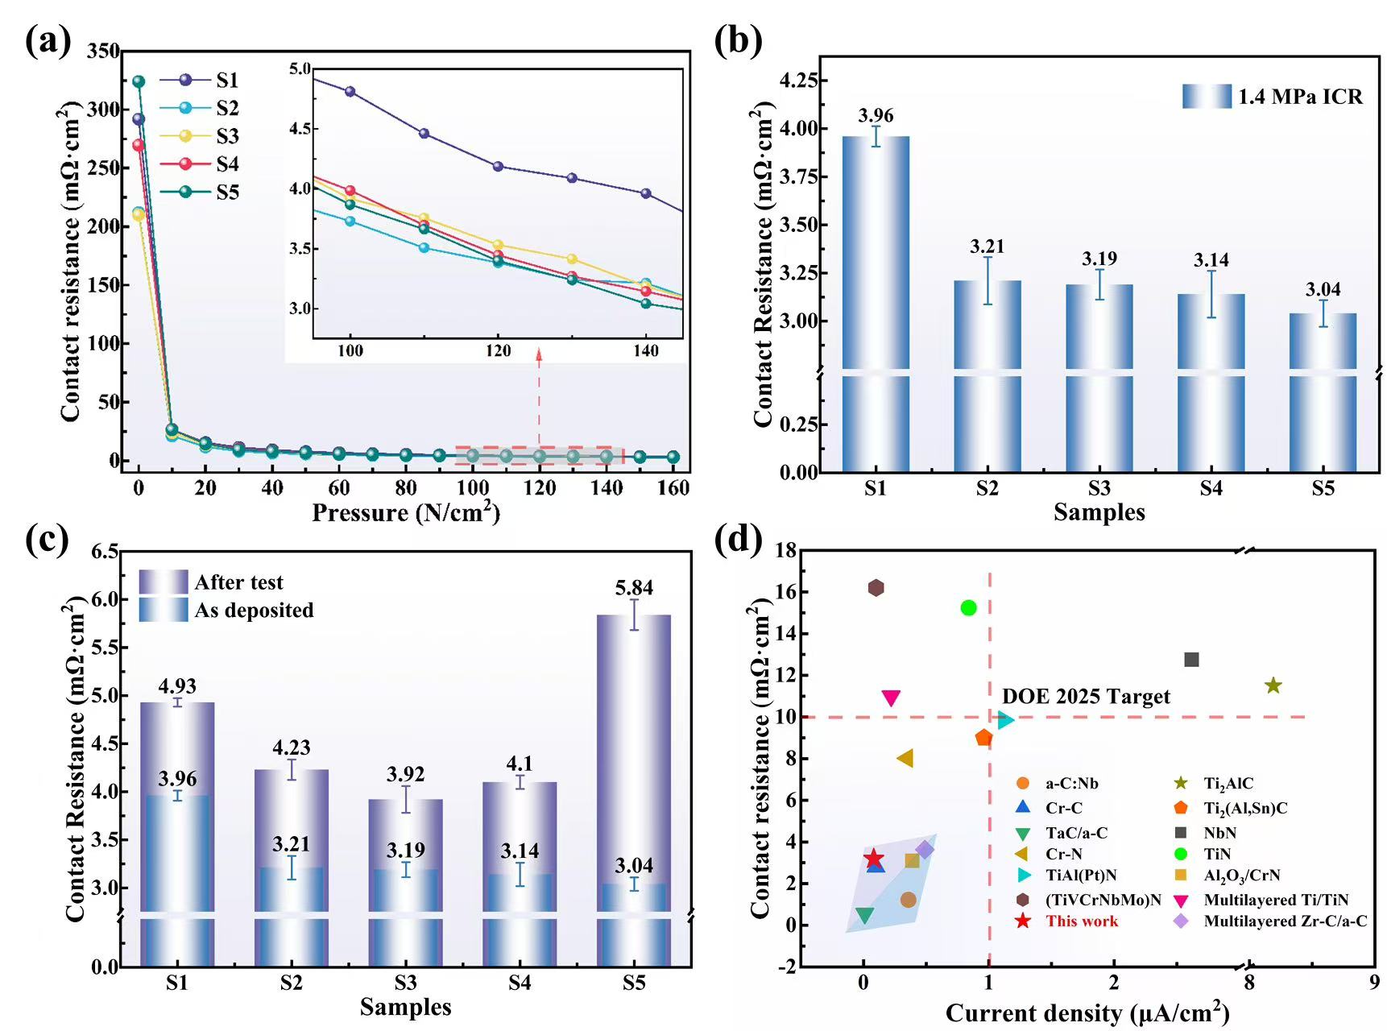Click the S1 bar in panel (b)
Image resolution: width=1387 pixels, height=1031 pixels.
[x=876, y=304]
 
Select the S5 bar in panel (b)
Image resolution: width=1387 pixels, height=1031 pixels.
[x=1323, y=392]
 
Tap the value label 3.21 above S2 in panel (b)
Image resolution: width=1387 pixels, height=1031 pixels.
[x=987, y=246]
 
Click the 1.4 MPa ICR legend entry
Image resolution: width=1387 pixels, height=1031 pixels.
[x=1273, y=97]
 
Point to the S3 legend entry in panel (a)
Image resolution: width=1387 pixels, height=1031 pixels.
[x=201, y=136]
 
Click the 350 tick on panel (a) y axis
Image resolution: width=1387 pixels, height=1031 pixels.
[x=103, y=51]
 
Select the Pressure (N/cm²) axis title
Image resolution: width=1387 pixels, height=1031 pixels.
[x=406, y=512]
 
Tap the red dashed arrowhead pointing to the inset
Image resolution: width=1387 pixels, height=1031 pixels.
[x=539, y=352]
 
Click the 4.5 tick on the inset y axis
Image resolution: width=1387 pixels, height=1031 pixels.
[x=300, y=129]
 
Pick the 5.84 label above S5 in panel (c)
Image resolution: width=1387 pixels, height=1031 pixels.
[x=634, y=588]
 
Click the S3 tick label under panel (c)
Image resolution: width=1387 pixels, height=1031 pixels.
[x=405, y=983]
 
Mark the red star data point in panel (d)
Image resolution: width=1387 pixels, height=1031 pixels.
[x=874, y=859]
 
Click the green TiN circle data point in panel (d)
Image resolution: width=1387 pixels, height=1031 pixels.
[x=968, y=607]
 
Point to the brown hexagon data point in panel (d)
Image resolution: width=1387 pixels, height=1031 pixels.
[x=876, y=588]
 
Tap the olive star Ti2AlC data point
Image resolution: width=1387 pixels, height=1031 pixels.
[x=1273, y=685]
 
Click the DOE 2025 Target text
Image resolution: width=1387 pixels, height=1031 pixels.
[x=1086, y=697]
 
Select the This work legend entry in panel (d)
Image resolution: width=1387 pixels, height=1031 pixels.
[x=1066, y=921]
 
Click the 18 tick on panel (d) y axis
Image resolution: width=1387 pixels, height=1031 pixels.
[x=785, y=550]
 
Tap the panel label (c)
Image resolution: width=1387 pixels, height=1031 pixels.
[x=48, y=539]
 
